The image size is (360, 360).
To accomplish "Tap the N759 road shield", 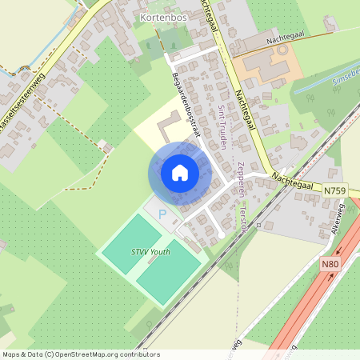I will point(336,190).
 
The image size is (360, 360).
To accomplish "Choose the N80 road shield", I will point(330,265).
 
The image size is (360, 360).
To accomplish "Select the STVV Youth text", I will point(150,251).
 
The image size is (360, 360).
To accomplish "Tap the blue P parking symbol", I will point(162,215).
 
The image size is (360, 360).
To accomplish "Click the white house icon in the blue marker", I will point(180,173).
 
